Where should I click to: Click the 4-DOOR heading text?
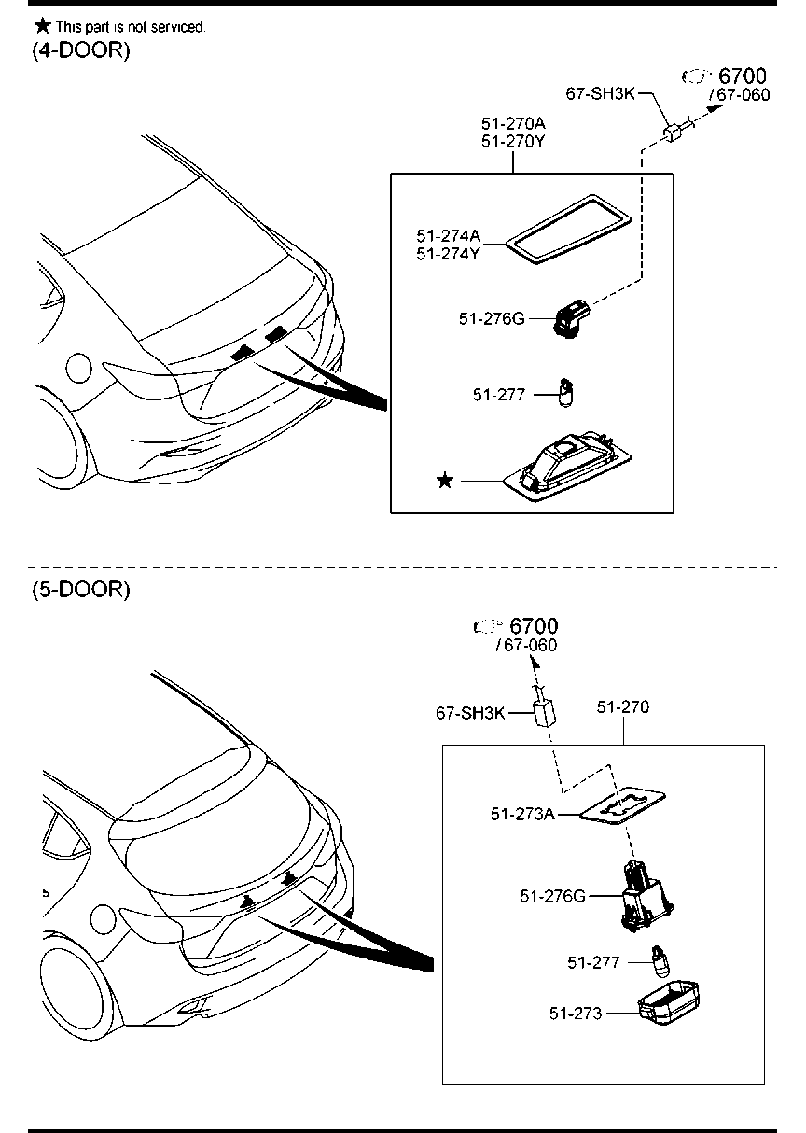pos(81,51)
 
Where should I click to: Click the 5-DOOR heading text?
pos(81,590)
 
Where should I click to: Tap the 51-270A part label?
pos(513,123)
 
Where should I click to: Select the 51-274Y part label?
pos(448,253)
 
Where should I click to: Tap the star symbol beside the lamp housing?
pos(446,480)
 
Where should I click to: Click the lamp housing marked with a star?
pos(569,466)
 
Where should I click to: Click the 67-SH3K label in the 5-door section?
pos(470,713)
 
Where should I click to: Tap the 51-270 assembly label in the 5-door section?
pos(623,707)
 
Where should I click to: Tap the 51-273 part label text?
pos(576,1013)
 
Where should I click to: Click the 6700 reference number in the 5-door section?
pos(534,625)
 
